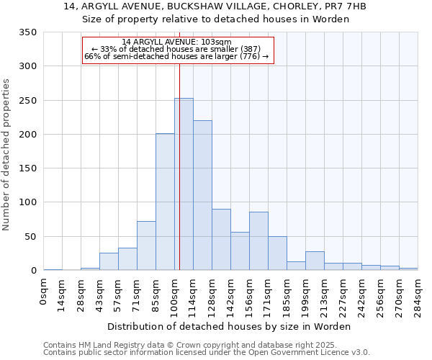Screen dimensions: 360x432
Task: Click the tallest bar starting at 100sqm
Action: point(184,184)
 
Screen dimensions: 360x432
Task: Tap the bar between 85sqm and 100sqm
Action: point(165,202)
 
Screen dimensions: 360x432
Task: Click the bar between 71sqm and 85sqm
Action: point(146,246)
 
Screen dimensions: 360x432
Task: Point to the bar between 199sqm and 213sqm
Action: point(315,261)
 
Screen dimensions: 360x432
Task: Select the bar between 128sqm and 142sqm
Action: point(221,240)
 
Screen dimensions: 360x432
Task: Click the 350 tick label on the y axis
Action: point(27,32)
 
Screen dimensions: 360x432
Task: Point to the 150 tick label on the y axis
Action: point(27,168)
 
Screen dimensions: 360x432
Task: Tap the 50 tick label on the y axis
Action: point(30,237)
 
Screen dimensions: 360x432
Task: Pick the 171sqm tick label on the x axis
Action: point(269,294)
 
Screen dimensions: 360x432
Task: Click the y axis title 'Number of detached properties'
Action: point(6,156)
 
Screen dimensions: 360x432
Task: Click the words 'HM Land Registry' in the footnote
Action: point(107,345)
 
